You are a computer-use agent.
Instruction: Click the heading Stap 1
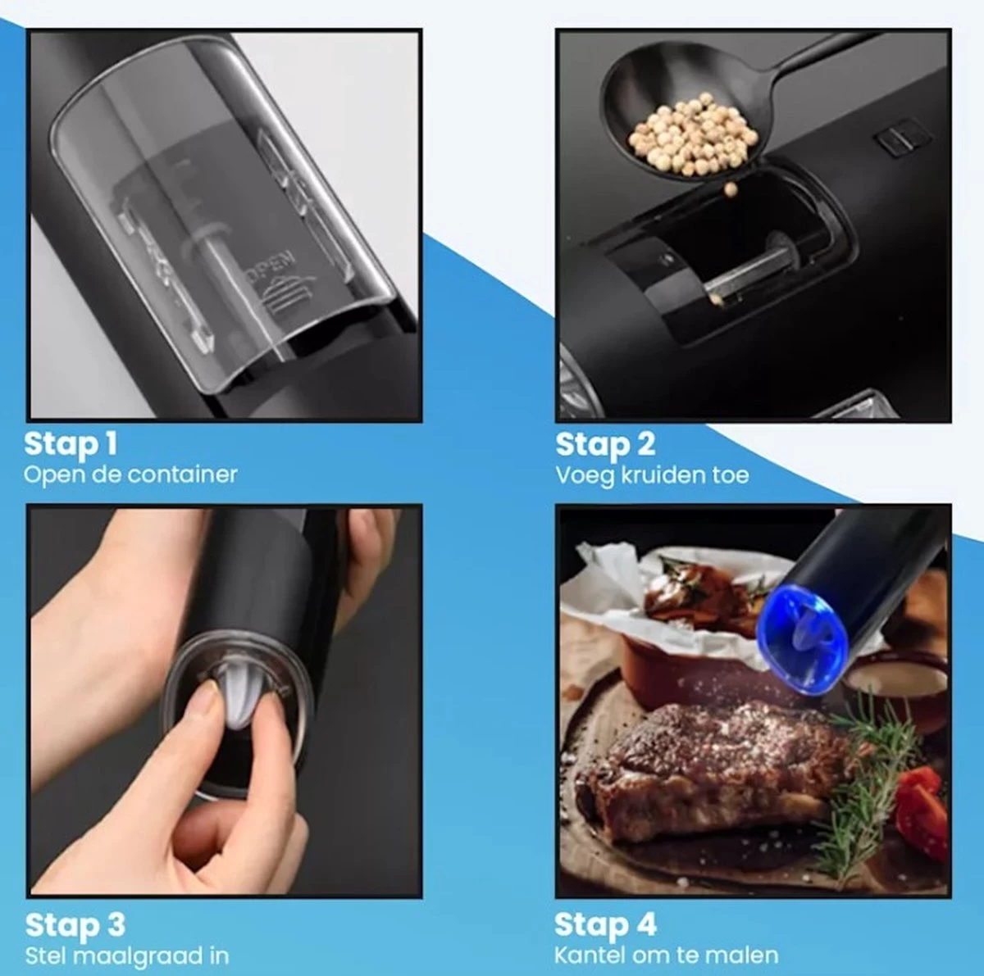[x=71, y=444]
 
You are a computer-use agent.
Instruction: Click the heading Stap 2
[x=605, y=444]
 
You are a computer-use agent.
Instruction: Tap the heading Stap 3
[x=75, y=925]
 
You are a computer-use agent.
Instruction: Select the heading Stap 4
[x=605, y=925]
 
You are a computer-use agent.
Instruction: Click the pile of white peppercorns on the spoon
[x=692, y=134]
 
